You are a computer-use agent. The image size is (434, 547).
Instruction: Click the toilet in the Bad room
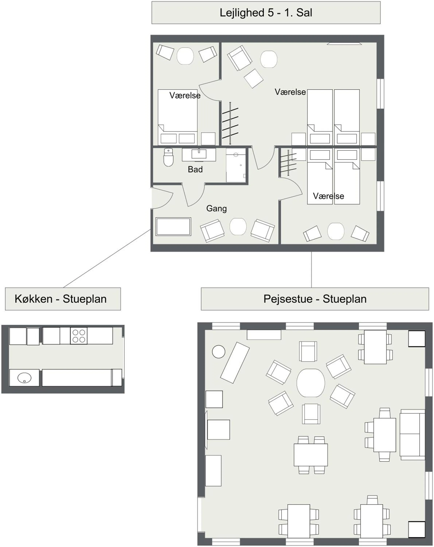coord(168,157)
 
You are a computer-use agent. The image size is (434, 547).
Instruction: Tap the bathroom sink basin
coord(199,154)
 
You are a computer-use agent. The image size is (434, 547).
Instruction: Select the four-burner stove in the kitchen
coord(79,336)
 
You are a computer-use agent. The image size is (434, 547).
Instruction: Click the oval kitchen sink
coord(24,378)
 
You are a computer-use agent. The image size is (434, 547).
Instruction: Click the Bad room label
coord(195,169)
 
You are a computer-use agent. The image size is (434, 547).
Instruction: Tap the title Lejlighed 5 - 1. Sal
coord(266,13)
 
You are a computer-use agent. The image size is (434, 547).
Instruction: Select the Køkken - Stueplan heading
coord(61,299)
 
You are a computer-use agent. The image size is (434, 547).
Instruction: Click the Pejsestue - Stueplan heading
coord(315,299)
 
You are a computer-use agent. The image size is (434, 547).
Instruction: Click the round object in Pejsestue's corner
coord(218,352)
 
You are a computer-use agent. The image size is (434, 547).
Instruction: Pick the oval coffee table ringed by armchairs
coord(310,383)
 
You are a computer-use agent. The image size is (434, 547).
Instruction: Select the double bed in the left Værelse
coord(177,117)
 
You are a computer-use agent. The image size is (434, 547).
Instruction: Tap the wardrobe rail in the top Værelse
coord(230,123)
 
